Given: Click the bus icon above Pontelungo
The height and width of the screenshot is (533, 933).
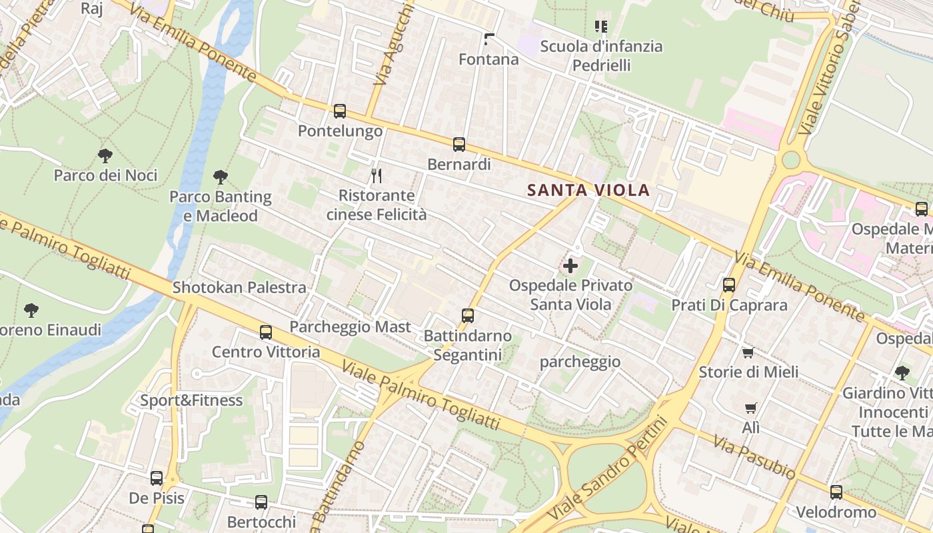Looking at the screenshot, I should [x=339, y=111].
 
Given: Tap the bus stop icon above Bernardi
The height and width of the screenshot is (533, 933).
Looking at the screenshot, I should [x=459, y=145].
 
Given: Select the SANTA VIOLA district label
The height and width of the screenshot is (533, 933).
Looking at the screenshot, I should [x=588, y=190].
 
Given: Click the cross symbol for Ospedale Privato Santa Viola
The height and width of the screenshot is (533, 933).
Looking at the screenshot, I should [x=570, y=266].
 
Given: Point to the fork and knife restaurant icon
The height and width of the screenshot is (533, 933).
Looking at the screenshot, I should [x=377, y=176].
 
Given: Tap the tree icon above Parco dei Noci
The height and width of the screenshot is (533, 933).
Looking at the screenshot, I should [x=105, y=157].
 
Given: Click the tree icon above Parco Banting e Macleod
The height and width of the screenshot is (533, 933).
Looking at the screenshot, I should [x=221, y=177].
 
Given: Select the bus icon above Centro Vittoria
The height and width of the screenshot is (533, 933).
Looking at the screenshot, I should [x=266, y=332].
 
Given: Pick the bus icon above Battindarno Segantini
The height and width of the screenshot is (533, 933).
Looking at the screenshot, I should [x=468, y=316].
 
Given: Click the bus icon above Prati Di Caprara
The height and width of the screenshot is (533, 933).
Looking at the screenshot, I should [x=729, y=285].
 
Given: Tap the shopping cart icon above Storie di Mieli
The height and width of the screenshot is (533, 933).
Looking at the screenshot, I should [x=748, y=352].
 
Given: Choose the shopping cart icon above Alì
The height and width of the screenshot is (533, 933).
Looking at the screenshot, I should [x=751, y=408].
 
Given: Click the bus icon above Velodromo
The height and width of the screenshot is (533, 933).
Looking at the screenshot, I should [x=836, y=492].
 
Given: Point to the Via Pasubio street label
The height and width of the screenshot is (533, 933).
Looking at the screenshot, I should [x=754, y=457].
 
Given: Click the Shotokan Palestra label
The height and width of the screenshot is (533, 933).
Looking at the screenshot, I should [x=239, y=288].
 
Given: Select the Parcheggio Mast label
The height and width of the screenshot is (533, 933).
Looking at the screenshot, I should [x=350, y=327].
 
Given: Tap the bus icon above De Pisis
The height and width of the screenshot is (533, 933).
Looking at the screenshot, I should [x=157, y=478].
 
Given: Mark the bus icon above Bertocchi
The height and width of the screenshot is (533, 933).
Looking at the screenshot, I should [x=261, y=502].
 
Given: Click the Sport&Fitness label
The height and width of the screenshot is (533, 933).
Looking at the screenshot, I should [x=191, y=400].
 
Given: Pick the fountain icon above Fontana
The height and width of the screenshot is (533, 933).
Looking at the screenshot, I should [x=489, y=39].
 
